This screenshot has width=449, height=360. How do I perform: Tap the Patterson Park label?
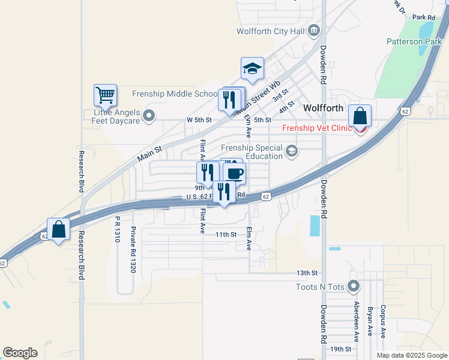tap(414, 43)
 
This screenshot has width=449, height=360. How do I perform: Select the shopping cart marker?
tap(105, 95)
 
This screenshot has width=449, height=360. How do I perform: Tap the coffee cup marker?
tap(234, 173)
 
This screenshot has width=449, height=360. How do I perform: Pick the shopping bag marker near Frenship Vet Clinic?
tap(360, 115)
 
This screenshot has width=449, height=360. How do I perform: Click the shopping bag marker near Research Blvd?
tap(59, 229)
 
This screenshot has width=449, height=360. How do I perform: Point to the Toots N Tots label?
tap(321, 287)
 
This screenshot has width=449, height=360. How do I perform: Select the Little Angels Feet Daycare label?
tap(116, 116)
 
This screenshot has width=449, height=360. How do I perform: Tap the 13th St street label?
tap(306, 273)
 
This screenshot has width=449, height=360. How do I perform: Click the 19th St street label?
tap(340, 349)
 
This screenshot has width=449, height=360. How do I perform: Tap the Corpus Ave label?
tap(382, 320)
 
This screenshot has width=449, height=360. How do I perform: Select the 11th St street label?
tap(226, 235)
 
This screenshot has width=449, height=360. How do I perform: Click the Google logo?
tap(20, 353)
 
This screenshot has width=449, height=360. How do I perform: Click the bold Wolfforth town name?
tap(323, 108)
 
